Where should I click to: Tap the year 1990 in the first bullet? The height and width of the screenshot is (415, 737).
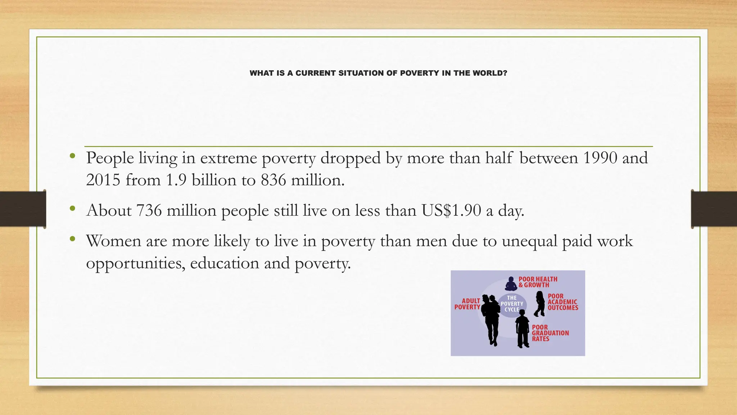click(600, 158)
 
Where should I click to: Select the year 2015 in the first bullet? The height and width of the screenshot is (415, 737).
click(103, 180)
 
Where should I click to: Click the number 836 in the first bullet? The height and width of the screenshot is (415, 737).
click(273, 180)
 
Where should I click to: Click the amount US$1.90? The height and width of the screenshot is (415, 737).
click(451, 210)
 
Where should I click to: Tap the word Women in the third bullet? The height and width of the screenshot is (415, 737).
click(113, 241)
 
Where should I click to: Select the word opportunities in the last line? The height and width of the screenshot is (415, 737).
click(135, 263)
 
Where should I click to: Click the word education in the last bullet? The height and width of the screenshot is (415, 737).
click(225, 263)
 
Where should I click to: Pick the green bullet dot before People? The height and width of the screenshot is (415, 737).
click(73, 156)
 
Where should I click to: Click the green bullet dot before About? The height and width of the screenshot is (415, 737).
click(73, 208)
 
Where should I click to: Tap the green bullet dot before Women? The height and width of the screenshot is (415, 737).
click(73, 239)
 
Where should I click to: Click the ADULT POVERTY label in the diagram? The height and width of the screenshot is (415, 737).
click(467, 304)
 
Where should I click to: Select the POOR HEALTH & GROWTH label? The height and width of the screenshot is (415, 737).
click(538, 282)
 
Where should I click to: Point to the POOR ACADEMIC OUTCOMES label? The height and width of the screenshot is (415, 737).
click(563, 302)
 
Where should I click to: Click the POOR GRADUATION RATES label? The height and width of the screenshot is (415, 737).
click(550, 333)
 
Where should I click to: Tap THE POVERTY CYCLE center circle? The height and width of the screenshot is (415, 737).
click(512, 304)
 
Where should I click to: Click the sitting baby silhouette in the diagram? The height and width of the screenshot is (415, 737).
click(511, 284)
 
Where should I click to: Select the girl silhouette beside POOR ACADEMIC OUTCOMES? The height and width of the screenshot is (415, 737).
click(539, 304)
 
